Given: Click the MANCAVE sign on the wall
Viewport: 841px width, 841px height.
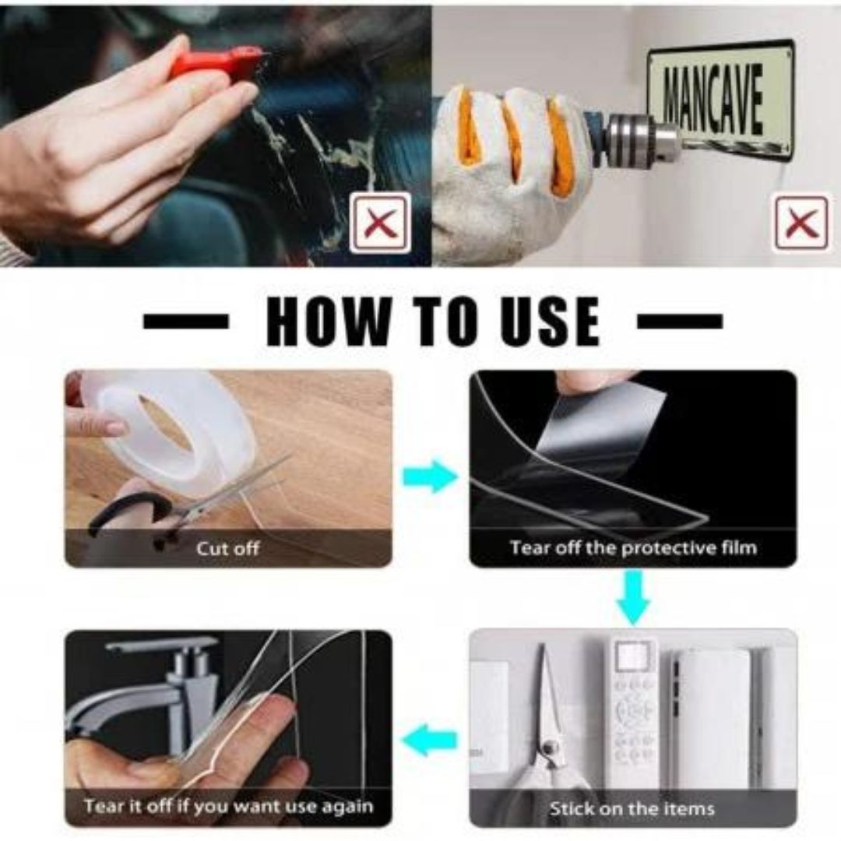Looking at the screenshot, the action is [x=720, y=98].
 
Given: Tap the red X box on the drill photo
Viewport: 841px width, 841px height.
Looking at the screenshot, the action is [x=801, y=223].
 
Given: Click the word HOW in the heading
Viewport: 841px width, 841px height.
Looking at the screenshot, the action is [x=329, y=321].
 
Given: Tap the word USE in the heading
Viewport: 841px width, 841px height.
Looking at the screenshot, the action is [x=549, y=321].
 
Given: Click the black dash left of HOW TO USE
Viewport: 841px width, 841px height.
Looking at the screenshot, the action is [x=185, y=322].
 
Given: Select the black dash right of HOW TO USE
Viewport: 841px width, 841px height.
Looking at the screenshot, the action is [x=680, y=322].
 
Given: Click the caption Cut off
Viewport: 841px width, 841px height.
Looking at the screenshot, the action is [x=228, y=549].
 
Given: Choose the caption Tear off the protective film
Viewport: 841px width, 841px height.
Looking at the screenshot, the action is [x=633, y=547].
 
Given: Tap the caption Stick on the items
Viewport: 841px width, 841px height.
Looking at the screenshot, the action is [x=632, y=808].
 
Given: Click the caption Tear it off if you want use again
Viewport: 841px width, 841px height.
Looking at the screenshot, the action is [x=228, y=806].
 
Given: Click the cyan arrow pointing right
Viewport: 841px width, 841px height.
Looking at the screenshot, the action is [x=430, y=477].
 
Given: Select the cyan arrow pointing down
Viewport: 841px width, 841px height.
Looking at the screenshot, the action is [x=633, y=596].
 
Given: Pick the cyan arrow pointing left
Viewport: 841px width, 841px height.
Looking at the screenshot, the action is [x=429, y=741].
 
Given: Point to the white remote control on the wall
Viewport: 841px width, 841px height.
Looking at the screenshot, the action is [x=633, y=713].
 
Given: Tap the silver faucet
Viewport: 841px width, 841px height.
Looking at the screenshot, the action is [x=145, y=692].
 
